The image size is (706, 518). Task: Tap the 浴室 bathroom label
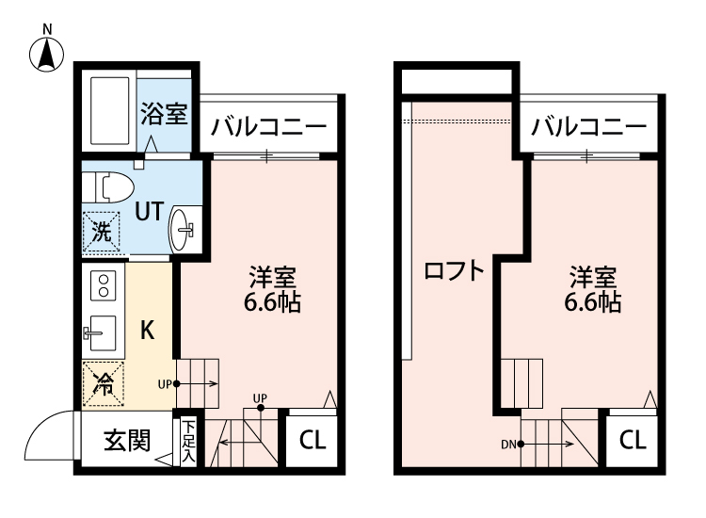pos(164,114)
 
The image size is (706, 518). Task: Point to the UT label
pos(148,211)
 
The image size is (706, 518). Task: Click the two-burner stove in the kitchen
pos(103,284)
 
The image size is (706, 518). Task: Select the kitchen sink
pos(101,332)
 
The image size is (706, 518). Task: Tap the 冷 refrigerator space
pos(103,383)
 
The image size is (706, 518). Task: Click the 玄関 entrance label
pos(126,440)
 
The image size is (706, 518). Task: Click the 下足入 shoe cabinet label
pos(188,441)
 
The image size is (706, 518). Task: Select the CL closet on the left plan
pos(313,441)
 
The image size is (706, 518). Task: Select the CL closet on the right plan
pos(633,441)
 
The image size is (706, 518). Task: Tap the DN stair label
pos(508,443)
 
